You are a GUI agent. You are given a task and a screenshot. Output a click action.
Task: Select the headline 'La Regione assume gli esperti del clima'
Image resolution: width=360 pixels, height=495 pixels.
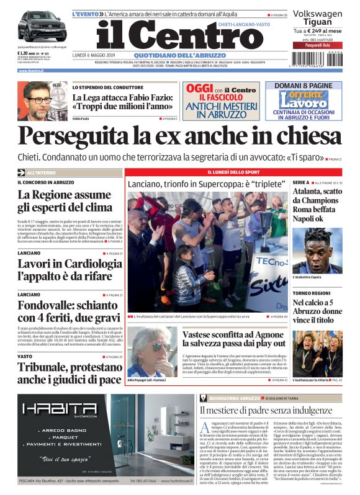[68, 201]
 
